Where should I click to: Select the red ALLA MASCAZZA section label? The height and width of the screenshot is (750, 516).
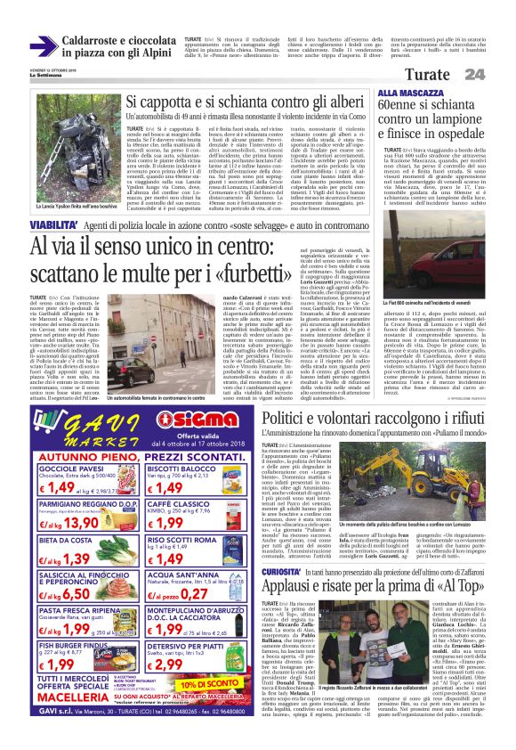(x=407, y=93)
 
